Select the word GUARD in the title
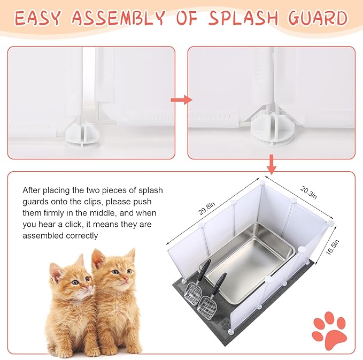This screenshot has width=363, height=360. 318,19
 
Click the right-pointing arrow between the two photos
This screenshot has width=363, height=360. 181,99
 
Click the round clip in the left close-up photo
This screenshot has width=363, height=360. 79,140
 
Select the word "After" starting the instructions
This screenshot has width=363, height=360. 32,190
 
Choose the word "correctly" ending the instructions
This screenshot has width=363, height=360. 80,235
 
